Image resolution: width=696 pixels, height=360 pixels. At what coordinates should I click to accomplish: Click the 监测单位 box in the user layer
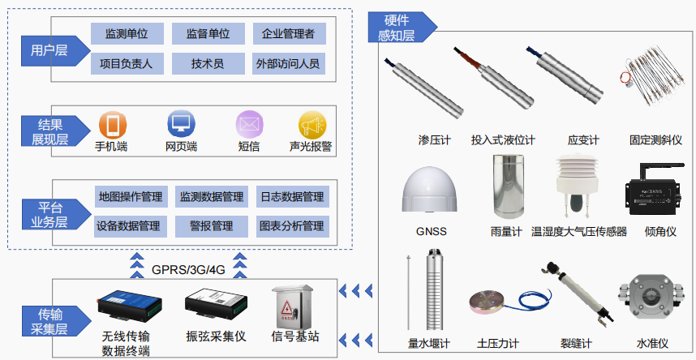pyautogui.click(x=127, y=34)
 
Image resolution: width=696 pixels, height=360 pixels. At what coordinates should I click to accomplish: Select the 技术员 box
pyautogui.click(x=208, y=63)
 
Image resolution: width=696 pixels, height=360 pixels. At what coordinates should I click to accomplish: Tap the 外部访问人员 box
pyautogui.click(x=288, y=63)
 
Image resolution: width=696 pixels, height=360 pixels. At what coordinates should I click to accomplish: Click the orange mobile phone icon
pyautogui.click(x=112, y=126)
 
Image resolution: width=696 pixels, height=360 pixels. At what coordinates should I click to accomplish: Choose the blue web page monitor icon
pyautogui.click(x=182, y=125)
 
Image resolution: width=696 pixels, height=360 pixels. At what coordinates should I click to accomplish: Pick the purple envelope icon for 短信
pyautogui.click(x=249, y=126)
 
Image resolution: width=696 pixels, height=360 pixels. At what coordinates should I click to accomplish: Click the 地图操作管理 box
pyautogui.click(x=130, y=197)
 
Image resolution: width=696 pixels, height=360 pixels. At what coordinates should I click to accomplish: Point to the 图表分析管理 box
pyautogui.click(x=290, y=225)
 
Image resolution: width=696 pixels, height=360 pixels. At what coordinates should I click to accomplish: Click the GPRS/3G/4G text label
pyautogui.click(x=187, y=268)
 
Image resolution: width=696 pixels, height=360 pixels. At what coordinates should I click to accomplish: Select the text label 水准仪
pyautogui.click(x=652, y=344)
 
